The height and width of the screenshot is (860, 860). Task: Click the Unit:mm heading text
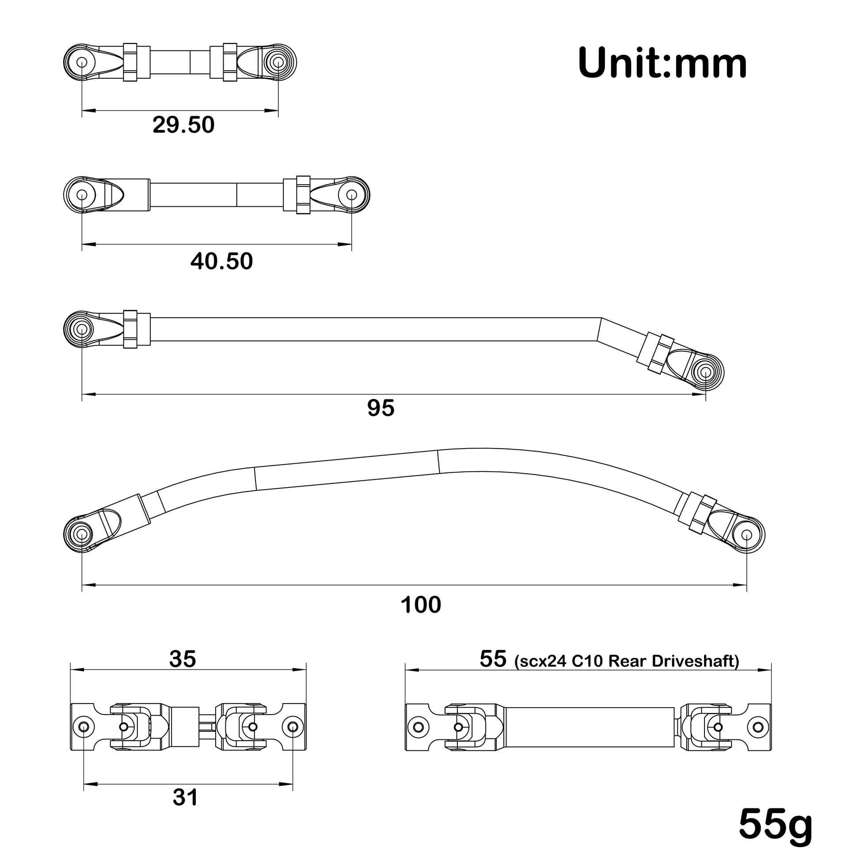662,64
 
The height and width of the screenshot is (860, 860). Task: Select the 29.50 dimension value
183,125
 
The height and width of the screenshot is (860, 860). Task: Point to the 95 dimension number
381,408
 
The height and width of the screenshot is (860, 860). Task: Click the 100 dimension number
421,605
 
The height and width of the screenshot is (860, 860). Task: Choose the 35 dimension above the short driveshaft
183,659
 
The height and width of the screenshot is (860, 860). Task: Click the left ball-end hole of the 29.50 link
82,62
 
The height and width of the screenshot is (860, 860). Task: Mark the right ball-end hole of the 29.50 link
278,62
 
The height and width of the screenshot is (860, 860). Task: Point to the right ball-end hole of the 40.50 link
352,194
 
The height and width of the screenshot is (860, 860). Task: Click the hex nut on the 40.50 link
303,194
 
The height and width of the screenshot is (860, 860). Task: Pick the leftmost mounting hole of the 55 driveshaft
418,727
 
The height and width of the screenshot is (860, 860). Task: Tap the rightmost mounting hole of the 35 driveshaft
293,727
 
